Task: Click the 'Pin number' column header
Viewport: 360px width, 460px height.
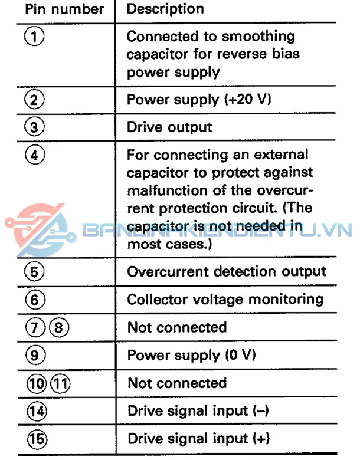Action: (64, 9)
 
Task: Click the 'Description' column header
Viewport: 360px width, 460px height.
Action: (165, 9)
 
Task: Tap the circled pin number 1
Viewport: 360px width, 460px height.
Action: (34, 37)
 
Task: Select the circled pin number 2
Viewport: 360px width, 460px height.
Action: (34, 100)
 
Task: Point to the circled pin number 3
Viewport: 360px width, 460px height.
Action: (34, 127)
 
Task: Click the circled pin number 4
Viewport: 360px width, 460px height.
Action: (35, 155)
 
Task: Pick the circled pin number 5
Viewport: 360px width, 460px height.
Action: (35, 272)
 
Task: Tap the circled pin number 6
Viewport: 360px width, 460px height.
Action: (35, 300)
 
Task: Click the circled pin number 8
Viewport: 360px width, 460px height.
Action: (59, 327)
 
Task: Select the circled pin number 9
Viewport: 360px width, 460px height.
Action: (35, 355)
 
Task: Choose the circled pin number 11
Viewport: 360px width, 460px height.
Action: (60, 383)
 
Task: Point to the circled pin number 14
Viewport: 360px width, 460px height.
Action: (37, 411)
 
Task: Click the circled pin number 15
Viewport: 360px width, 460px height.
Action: (37, 439)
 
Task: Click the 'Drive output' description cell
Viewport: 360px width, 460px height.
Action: (169, 127)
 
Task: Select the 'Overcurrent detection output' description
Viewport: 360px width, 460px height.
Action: (227, 272)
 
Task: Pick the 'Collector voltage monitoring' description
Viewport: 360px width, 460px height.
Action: (225, 300)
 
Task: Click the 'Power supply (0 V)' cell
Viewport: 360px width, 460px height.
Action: (192, 355)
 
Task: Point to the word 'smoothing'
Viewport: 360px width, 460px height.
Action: (258, 37)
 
